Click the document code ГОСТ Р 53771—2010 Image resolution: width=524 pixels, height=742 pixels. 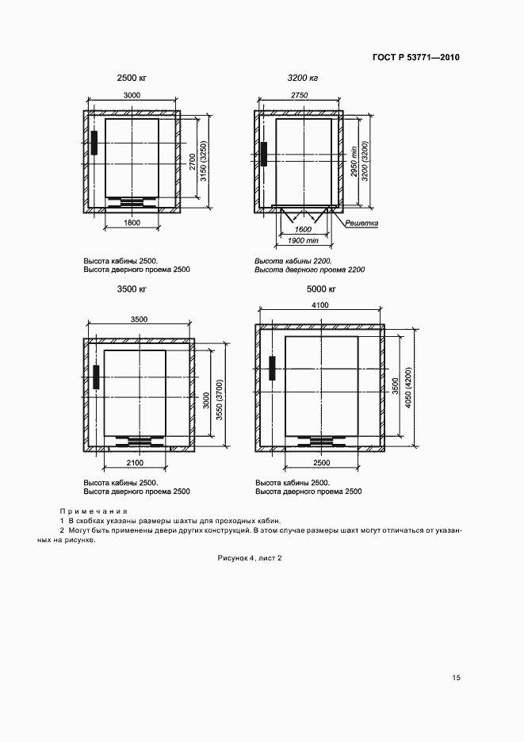pos(415,58)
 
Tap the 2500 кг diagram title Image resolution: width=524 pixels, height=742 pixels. pos(132,78)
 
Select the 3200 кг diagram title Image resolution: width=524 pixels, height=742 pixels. pos(302,78)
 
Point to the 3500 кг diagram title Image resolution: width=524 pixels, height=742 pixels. pos(132,289)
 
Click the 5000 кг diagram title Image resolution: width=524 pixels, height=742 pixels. pos(321,289)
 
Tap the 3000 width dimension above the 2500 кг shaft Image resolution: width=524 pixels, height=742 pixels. pos(132,95)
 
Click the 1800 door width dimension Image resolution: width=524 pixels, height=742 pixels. pos(132,224)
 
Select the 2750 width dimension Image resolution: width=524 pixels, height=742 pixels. pos(300,95)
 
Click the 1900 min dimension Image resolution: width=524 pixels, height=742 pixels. pos(302,239)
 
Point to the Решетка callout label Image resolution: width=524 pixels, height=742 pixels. pos(361,224)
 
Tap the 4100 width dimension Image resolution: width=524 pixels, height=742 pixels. pos(320,304)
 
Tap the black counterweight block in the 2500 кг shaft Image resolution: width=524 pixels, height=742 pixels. pos(94,143)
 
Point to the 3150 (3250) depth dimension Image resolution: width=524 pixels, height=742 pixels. pos(203,163)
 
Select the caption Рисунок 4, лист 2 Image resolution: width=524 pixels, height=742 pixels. pos(250,558)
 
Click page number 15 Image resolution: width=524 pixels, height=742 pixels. pos(456,678)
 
